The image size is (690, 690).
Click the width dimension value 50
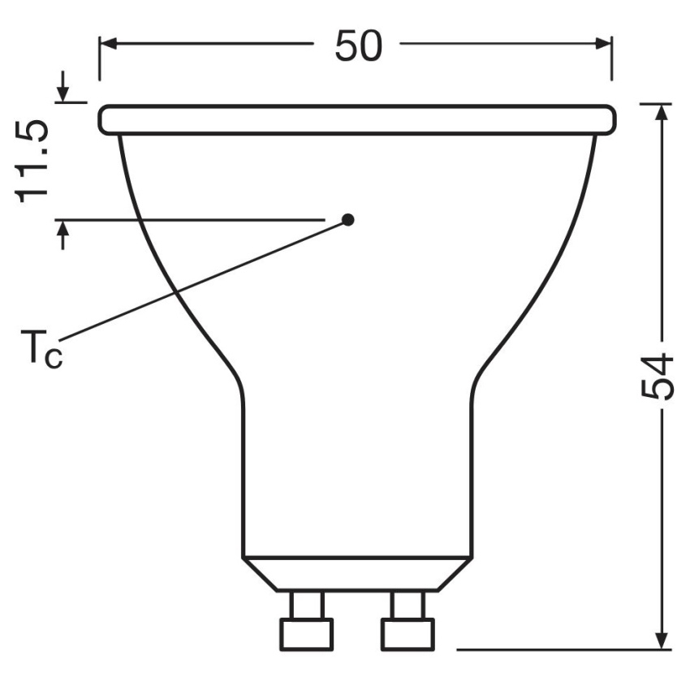click(359, 46)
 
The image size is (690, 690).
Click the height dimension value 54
click(657, 376)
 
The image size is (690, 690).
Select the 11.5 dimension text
click(31, 161)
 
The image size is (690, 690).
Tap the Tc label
click(41, 347)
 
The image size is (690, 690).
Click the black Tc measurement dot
click(348, 219)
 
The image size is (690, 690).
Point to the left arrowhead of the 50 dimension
click(108, 44)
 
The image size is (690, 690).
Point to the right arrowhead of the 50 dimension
click(603, 44)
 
